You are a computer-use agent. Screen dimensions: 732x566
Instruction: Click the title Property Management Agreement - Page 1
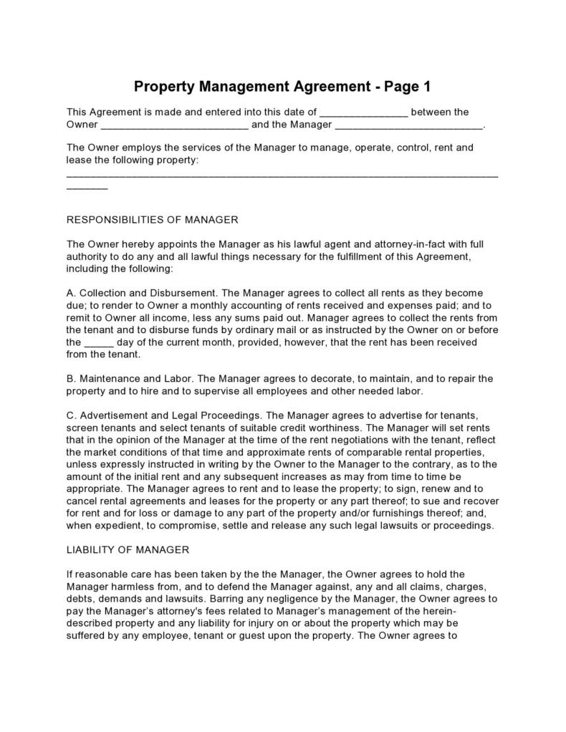[x=282, y=87]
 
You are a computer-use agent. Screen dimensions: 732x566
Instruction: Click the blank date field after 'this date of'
[x=363, y=112]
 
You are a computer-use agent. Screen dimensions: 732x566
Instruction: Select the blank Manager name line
[x=409, y=125]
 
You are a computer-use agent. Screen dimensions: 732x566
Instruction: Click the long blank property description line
[x=282, y=175]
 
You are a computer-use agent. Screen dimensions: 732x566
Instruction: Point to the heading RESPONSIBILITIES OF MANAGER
[x=152, y=220]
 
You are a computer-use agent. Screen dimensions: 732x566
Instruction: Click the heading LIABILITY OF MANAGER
[x=128, y=550]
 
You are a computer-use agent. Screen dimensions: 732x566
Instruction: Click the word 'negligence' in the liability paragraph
[x=281, y=599]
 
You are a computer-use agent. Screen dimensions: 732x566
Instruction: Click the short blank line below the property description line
[x=87, y=187]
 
